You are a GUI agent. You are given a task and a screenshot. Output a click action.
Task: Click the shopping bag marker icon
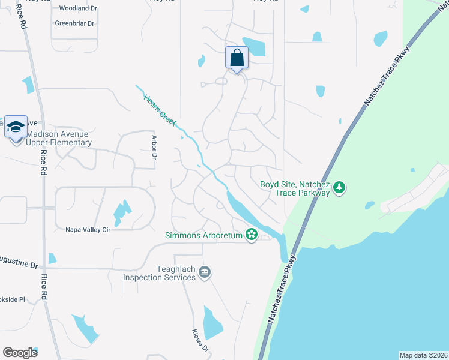tap(237, 58)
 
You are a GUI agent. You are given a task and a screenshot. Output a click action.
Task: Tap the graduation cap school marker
tap(16, 127)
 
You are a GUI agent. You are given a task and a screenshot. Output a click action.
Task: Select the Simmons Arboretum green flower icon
tap(252, 235)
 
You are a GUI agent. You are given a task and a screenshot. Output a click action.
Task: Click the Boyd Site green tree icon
tap(340, 188)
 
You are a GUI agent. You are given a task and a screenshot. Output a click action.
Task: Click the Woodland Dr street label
tap(78, 8)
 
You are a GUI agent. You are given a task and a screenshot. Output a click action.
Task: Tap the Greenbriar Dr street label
tap(74, 23)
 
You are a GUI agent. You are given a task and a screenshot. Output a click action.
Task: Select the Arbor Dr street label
tap(154, 147)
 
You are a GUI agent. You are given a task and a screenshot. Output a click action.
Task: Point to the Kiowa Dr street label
tap(200, 340)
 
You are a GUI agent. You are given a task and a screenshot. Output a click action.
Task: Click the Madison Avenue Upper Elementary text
tap(59, 138)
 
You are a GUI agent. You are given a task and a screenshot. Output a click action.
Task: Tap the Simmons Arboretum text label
tap(204, 235)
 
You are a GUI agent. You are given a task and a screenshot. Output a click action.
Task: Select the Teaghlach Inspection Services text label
tap(159, 273)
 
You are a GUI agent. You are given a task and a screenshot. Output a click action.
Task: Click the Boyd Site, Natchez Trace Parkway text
tap(295, 188)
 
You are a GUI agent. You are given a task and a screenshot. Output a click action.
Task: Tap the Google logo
tap(20, 352)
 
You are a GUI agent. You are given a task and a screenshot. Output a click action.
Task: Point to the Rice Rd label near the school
tap(43, 162)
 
